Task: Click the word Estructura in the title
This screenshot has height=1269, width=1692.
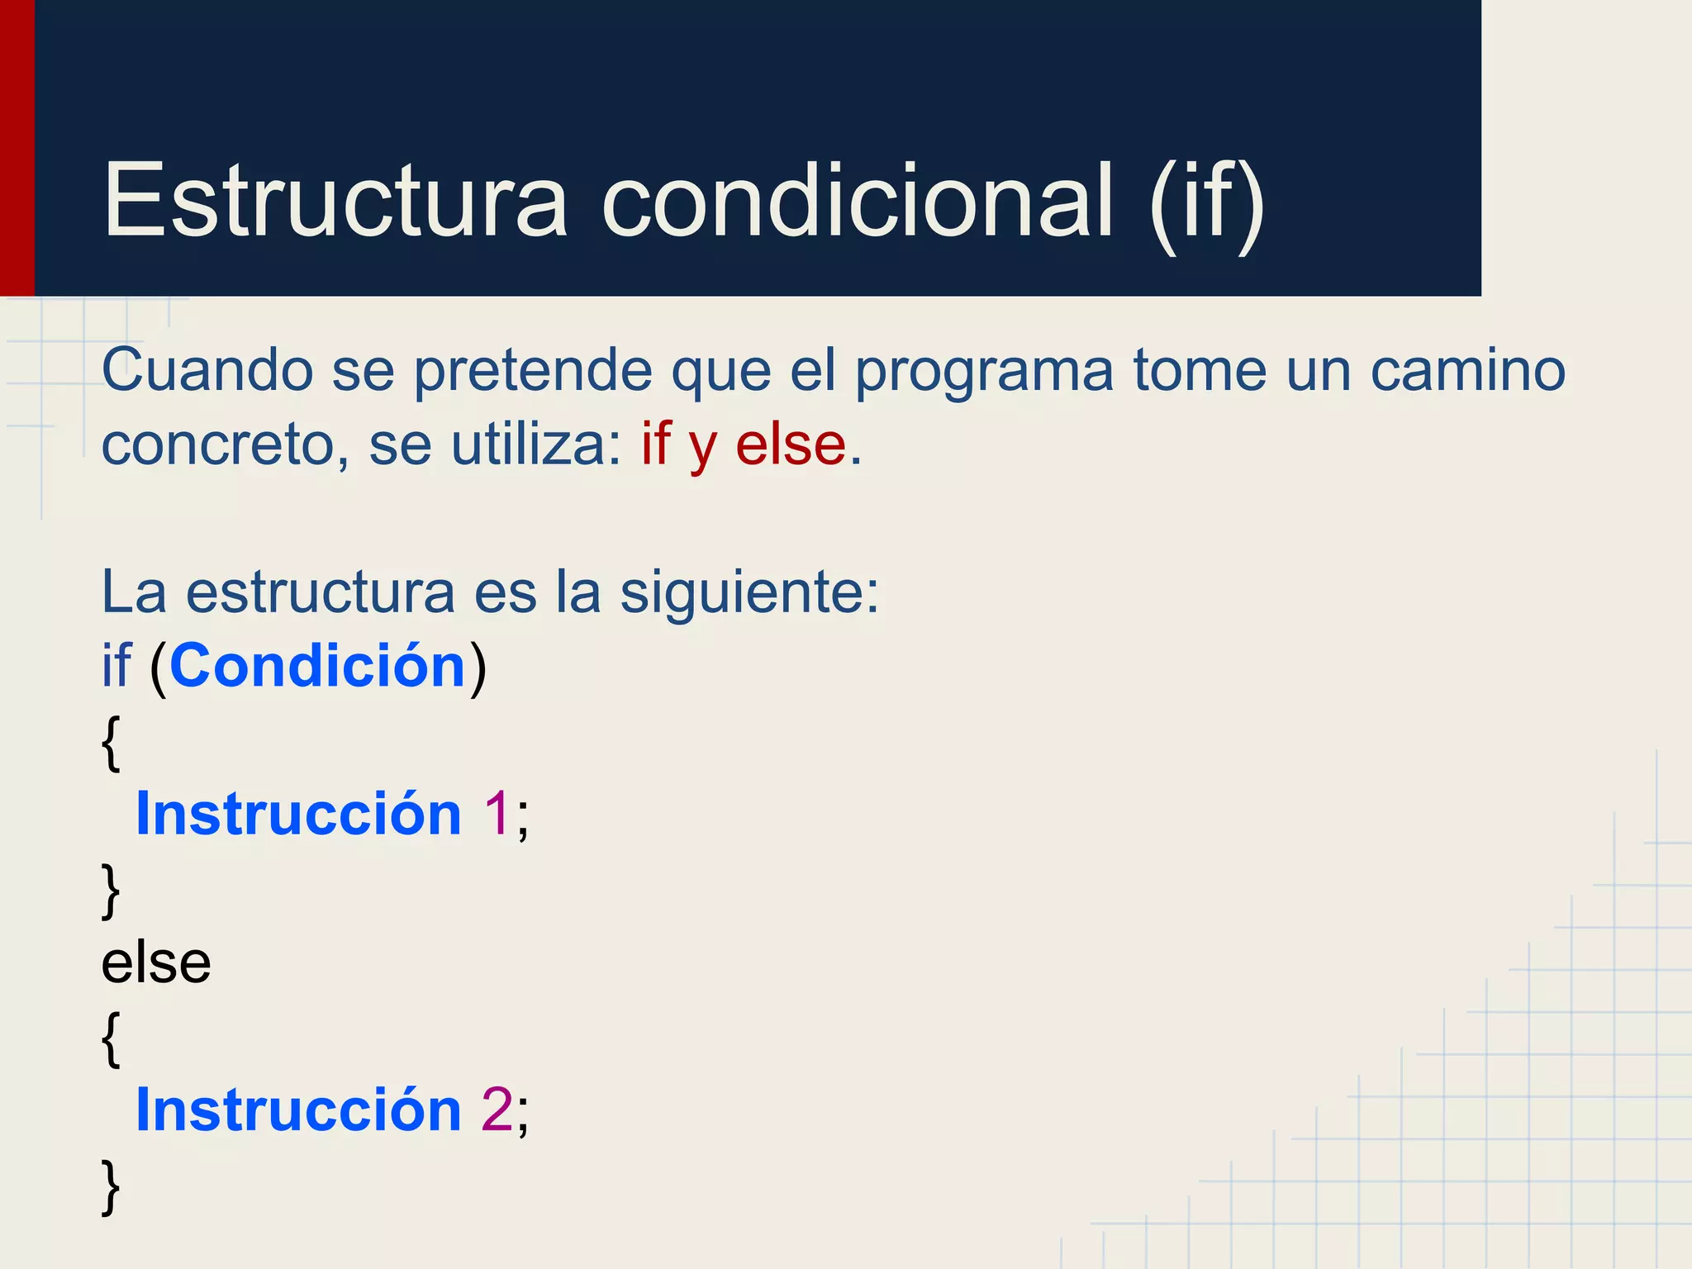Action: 335,200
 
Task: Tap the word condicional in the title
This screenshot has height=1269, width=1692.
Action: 858,200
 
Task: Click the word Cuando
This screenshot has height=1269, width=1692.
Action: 207,369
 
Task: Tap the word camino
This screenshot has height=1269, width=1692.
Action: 1468,369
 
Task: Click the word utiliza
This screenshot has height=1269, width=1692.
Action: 536,443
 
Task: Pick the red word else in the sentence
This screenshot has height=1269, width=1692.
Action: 791,443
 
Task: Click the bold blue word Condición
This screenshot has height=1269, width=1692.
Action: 318,665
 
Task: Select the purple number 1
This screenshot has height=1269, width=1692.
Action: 497,814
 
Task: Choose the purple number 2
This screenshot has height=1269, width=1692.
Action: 497,1109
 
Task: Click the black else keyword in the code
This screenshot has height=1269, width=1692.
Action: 156,962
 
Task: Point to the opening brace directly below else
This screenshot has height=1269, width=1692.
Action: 111,1038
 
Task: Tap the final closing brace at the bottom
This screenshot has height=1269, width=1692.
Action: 111,1186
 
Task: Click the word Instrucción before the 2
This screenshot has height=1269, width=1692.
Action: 298,1109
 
